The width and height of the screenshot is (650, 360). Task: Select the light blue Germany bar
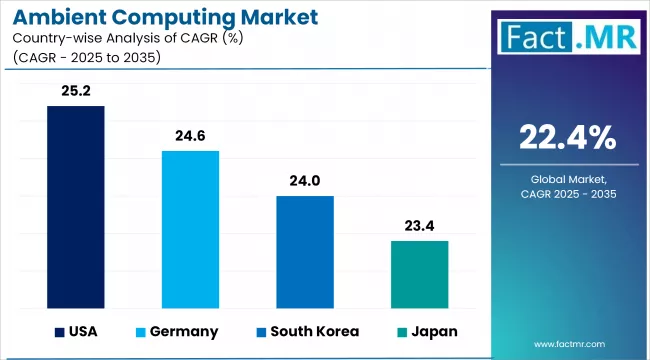[x=190, y=229]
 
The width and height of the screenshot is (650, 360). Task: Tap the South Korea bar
[x=304, y=252]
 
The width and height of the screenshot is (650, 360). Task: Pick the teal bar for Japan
[x=419, y=274]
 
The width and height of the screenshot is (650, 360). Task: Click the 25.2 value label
[x=76, y=91]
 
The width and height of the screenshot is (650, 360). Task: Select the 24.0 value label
[x=304, y=181]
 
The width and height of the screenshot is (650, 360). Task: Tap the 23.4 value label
[x=419, y=226]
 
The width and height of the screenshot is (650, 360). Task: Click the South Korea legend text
[x=310, y=331]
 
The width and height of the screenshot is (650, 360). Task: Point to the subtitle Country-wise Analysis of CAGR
[x=130, y=40]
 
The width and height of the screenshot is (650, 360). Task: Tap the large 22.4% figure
[x=567, y=135]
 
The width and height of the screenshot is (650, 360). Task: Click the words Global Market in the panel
[x=567, y=177]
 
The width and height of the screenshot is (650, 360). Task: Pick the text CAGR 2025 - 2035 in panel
[x=567, y=194]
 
